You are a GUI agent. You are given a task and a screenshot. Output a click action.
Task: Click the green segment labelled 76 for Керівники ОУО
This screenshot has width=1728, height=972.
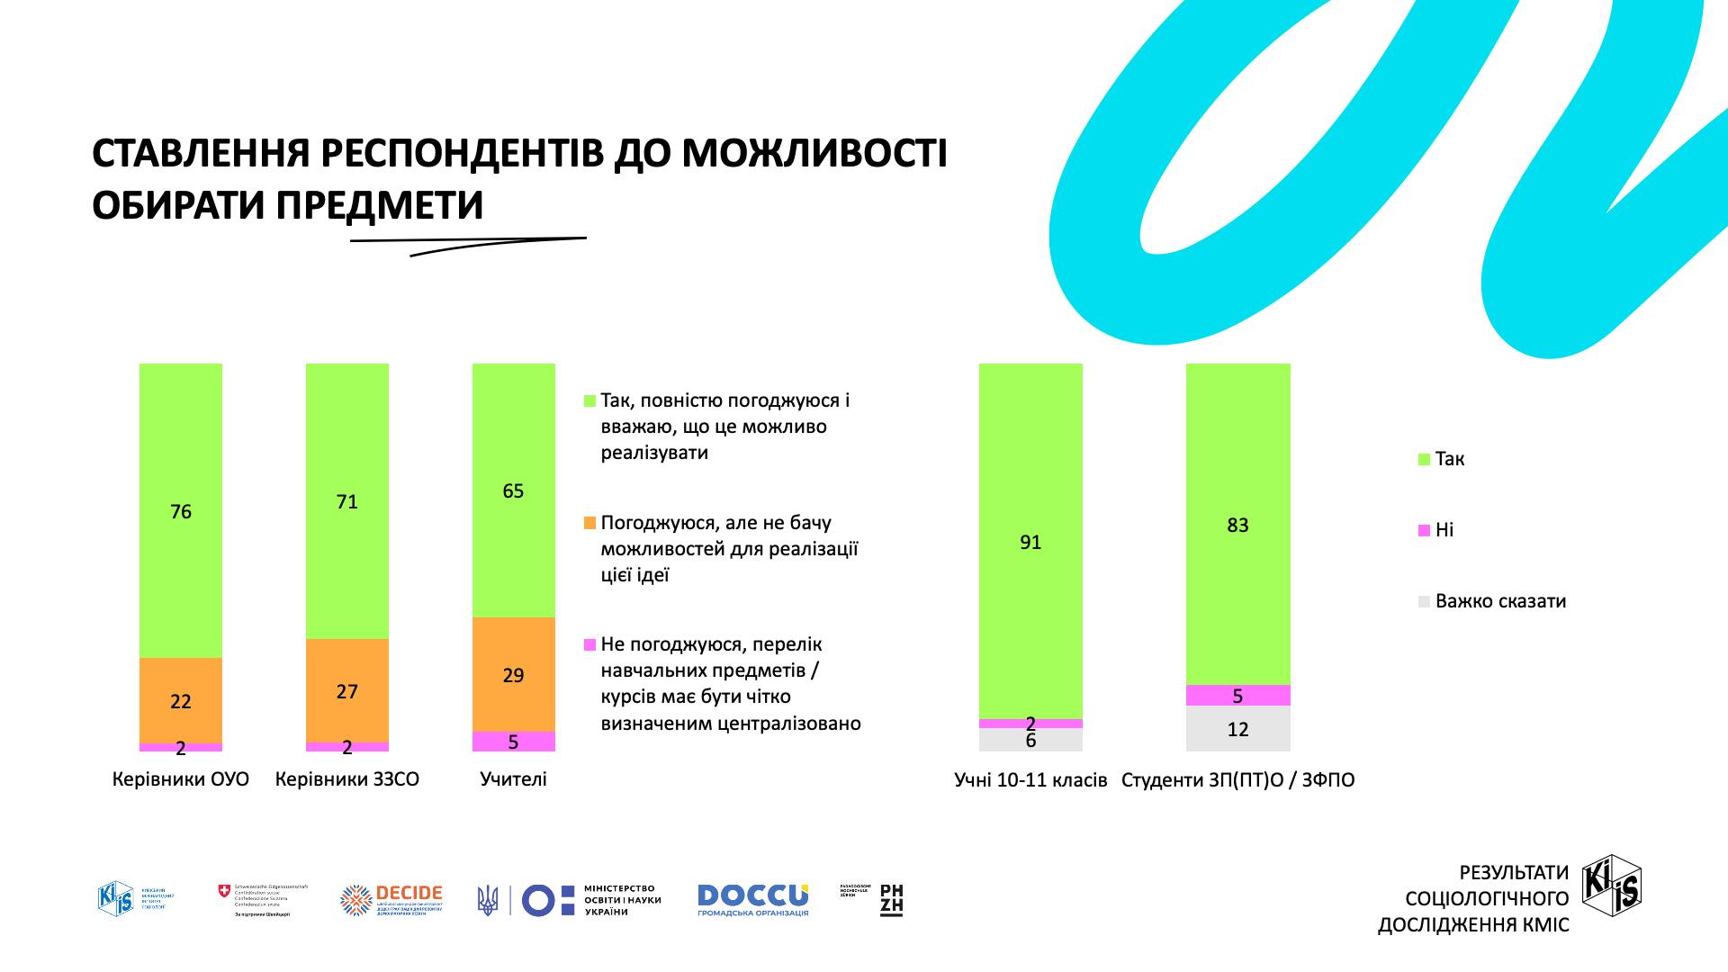(x=181, y=510)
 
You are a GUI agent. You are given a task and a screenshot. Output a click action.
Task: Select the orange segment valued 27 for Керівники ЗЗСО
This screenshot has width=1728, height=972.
(x=347, y=690)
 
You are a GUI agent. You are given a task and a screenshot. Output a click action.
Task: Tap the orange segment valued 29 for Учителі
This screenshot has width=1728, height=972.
(x=513, y=674)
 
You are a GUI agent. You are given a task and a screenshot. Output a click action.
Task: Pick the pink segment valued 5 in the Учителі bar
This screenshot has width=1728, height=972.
(x=513, y=741)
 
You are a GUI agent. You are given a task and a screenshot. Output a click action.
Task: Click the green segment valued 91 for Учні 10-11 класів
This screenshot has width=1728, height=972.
(x=1030, y=541)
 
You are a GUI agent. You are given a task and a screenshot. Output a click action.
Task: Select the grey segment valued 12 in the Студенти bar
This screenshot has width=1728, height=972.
(x=1237, y=728)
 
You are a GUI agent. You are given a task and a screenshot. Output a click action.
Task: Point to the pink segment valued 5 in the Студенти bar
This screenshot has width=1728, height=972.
(x=1237, y=695)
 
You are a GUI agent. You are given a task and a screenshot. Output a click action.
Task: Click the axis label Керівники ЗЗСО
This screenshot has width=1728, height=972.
(x=347, y=779)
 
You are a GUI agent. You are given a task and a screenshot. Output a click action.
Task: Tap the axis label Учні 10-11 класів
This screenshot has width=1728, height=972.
(x=1030, y=780)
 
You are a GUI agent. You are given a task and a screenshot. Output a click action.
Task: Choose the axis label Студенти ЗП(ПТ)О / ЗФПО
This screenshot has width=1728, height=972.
(x=1237, y=780)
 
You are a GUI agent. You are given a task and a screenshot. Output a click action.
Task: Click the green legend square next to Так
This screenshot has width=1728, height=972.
(x=1424, y=460)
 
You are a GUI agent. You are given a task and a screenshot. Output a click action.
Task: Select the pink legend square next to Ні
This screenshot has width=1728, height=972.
(x=1424, y=531)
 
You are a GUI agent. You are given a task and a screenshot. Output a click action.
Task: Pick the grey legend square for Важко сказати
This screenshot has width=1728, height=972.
(x=1424, y=602)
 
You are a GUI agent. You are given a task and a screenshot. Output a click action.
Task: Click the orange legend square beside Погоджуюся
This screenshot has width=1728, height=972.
(x=589, y=523)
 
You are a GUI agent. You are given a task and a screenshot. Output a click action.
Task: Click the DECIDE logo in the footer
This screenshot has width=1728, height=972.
(x=391, y=900)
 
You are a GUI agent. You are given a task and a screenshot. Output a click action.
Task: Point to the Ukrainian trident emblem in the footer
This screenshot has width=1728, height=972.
(x=487, y=900)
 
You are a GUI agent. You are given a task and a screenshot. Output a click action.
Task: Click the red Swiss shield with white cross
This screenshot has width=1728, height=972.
(x=224, y=891)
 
